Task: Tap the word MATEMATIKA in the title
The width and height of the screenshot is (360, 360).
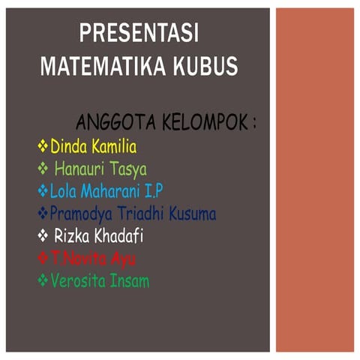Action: pyautogui.click(x=95, y=67)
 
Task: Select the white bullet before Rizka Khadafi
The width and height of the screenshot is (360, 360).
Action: pyautogui.click(x=43, y=237)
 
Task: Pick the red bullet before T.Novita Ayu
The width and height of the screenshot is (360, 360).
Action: pyautogui.click(x=43, y=259)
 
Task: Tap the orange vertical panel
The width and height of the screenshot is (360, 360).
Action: pyautogui.click(x=314, y=180)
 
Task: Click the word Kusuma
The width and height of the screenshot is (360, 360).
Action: pyautogui.click(x=193, y=214)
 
